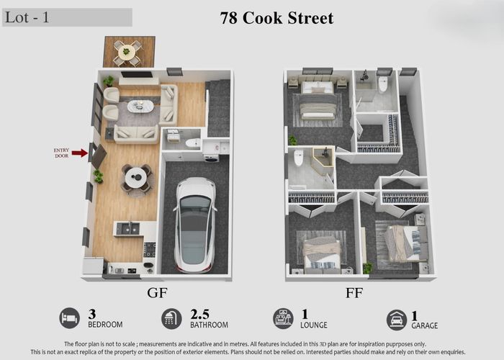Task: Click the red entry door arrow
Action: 79,153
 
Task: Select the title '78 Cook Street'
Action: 276,18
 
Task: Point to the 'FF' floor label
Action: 353,293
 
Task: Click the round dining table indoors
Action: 135,177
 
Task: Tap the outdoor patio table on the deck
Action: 127,51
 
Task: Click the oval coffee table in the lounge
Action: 140,107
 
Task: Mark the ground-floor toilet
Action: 193,143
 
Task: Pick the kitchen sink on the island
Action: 126,228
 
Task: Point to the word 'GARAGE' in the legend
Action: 425,325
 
